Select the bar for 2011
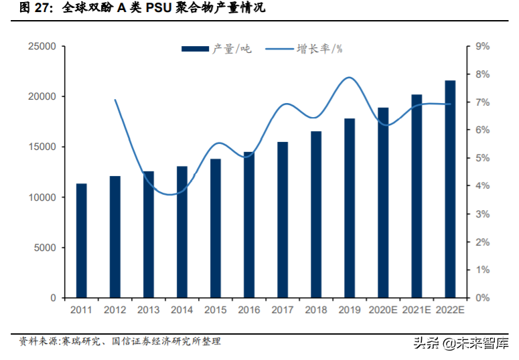[82, 240]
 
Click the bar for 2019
[350, 208]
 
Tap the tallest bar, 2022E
[450, 189]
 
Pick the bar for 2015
[216, 228]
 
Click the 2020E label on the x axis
[383, 310]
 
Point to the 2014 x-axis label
[181, 310]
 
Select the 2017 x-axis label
[283, 310]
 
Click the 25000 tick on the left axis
[42, 46]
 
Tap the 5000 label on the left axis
[45, 248]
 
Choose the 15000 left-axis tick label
[42, 147]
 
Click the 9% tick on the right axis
[483, 46]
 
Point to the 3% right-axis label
[483, 214]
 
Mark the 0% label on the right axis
[483, 298]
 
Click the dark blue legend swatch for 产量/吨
[196, 49]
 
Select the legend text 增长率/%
[319, 49]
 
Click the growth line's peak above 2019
[349, 78]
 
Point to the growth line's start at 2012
[115, 99]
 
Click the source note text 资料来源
[38, 341]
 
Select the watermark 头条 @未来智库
[461, 343]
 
